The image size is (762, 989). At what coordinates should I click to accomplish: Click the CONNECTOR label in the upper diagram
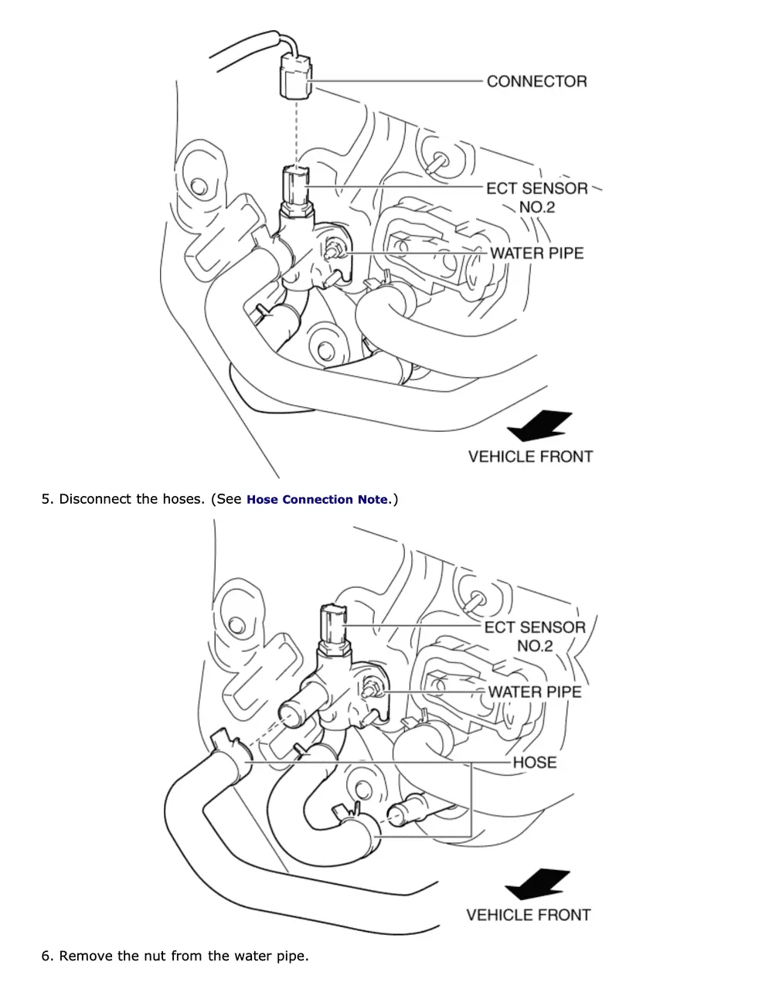[536, 81]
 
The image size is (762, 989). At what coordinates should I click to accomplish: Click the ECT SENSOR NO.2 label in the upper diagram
[536, 197]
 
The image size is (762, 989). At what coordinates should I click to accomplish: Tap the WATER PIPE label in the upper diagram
[536, 253]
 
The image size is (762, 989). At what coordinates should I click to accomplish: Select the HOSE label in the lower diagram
[534, 762]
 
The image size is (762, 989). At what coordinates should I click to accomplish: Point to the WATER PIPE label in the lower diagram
[534, 692]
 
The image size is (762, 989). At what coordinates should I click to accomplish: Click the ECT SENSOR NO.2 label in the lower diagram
[535, 636]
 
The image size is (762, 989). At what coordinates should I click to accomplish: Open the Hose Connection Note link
[317, 500]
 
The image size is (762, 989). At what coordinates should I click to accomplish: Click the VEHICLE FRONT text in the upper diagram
[530, 457]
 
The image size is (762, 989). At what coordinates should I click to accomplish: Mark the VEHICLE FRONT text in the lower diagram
[528, 915]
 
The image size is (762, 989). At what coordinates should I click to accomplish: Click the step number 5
[46, 499]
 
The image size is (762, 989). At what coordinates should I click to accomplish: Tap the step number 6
[46, 956]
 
